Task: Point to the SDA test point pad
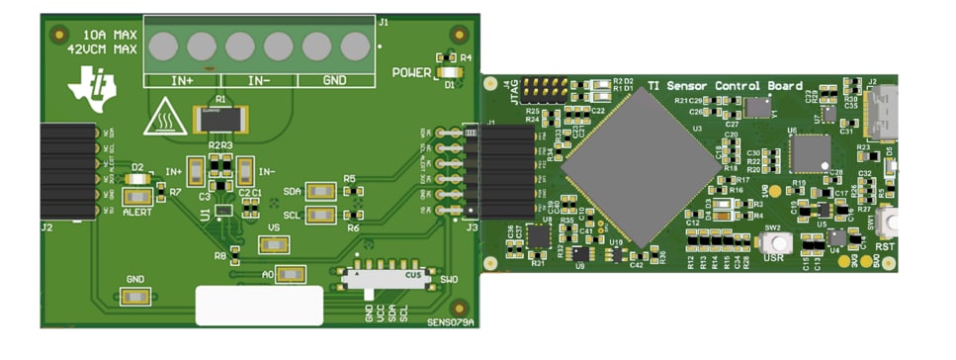319,191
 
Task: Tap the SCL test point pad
319,215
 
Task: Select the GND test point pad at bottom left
134,297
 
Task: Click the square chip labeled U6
811,152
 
